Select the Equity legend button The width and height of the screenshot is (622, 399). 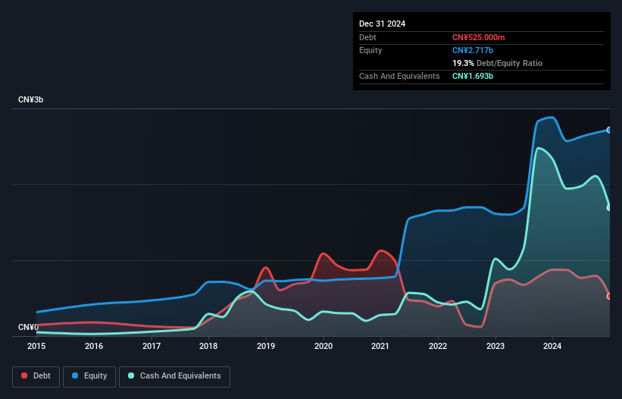click(x=90, y=375)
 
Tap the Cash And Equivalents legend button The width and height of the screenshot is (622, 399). click(x=174, y=375)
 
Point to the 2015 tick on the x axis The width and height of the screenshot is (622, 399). click(x=36, y=347)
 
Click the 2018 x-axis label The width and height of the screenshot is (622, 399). click(x=208, y=347)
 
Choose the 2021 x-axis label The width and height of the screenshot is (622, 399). click(x=380, y=347)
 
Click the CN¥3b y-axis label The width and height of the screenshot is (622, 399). click(x=31, y=100)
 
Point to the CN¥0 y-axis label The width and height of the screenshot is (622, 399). click(x=28, y=328)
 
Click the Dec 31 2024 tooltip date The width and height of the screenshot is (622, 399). click(x=383, y=24)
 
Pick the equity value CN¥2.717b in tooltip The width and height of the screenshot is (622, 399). click(x=472, y=50)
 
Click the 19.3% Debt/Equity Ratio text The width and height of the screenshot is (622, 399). click(x=497, y=63)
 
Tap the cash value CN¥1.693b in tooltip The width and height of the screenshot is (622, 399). click(x=473, y=76)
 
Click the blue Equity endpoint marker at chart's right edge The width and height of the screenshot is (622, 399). click(x=609, y=130)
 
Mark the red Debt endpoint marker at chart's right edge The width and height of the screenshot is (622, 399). click(x=609, y=296)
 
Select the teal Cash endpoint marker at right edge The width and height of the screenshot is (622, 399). click(x=609, y=207)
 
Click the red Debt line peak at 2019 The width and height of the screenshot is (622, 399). click(x=265, y=268)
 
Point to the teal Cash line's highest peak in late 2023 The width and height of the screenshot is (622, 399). click(x=538, y=148)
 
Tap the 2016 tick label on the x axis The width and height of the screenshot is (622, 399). click(x=94, y=347)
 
